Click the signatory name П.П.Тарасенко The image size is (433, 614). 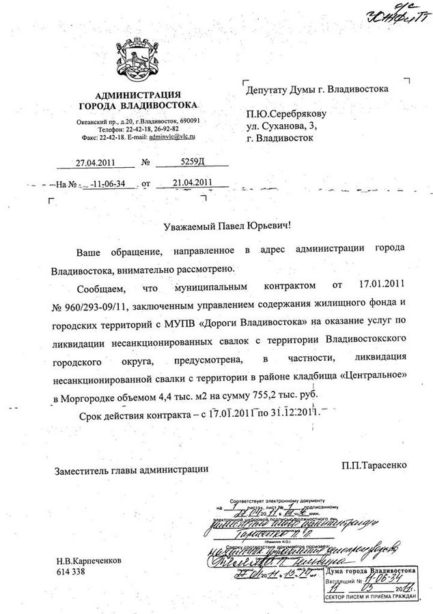[375, 464]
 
